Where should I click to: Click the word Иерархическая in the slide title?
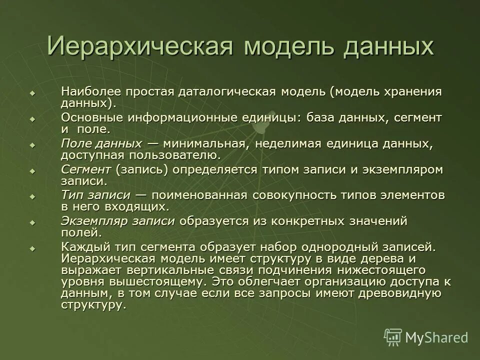[x=140, y=46]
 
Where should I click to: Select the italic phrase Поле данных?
[x=101, y=143]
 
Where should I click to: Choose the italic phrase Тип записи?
[x=96, y=195]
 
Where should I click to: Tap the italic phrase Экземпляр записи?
[x=118, y=221]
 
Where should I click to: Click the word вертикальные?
[x=166, y=270]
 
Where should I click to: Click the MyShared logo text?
[x=436, y=337]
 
